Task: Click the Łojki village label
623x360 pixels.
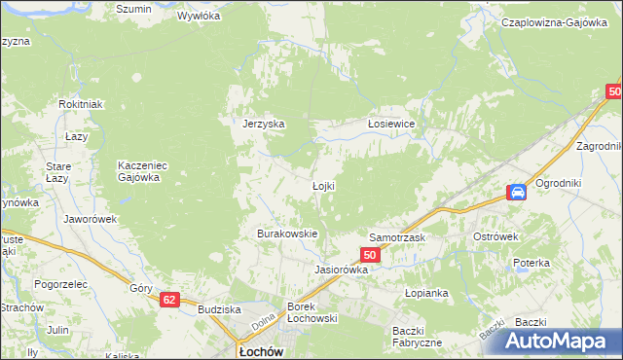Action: tap(323, 186)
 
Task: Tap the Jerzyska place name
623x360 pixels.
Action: tap(263, 124)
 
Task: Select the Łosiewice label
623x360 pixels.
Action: tap(391, 124)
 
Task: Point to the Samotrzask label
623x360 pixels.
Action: tap(395, 237)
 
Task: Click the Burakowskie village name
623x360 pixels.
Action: tap(287, 234)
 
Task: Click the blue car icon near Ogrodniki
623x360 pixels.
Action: tap(517, 192)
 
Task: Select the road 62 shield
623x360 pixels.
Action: tap(170, 301)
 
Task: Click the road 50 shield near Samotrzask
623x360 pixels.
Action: tap(369, 255)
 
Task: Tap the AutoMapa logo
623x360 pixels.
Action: tap(563, 342)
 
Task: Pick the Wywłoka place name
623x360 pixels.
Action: tap(200, 17)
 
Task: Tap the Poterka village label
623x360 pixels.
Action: tap(532, 263)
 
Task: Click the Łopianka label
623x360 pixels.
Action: tap(425, 292)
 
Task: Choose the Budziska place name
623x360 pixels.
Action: tap(218, 308)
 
